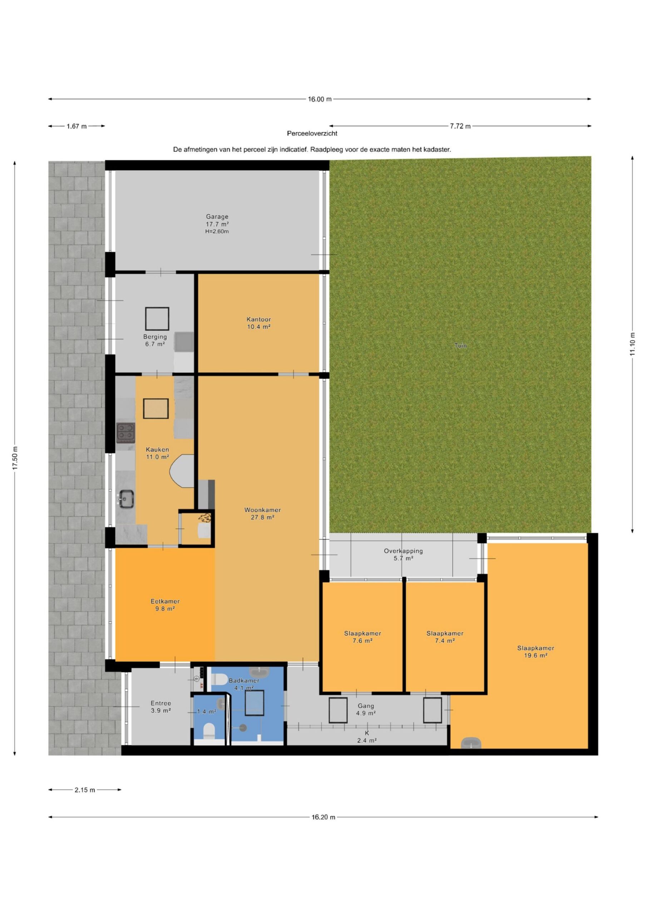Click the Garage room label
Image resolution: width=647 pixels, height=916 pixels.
pyautogui.click(x=217, y=224)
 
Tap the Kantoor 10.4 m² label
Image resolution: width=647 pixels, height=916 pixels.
pyautogui.click(x=259, y=323)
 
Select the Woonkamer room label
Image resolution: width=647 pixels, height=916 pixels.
pyautogui.click(x=262, y=513)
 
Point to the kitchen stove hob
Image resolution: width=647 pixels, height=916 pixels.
pyautogui.click(x=125, y=433)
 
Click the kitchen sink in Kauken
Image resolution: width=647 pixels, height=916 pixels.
pyautogui.click(x=125, y=499)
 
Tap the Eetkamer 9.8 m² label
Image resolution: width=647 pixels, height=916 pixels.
pyautogui.click(x=165, y=605)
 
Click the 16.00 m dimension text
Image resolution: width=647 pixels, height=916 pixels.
pyautogui.click(x=319, y=99)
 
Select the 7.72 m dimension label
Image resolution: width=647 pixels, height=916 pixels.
pyautogui.click(x=460, y=126)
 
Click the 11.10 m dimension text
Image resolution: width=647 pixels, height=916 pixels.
pyautogui.click(x=632, y=343)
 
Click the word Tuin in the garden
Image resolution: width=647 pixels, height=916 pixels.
pyautogui.click(x=460, y=346)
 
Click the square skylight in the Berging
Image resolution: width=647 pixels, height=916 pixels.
pyautogui.click(x=157, y=319)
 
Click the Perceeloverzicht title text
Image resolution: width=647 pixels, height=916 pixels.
pyautogui.click(x=312, y=134)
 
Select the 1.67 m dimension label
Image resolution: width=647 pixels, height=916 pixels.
pyautogui.click(x=76, y=126)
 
